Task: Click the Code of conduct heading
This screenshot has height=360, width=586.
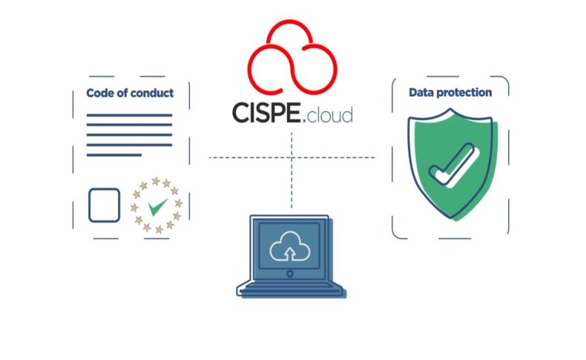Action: [130, 94]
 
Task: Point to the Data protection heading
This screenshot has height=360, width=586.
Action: [450, 93]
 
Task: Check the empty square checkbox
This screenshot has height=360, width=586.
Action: [104, 205]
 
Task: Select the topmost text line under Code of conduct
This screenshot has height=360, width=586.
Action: [129, 115]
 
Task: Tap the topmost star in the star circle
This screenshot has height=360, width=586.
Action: [156, 180]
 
